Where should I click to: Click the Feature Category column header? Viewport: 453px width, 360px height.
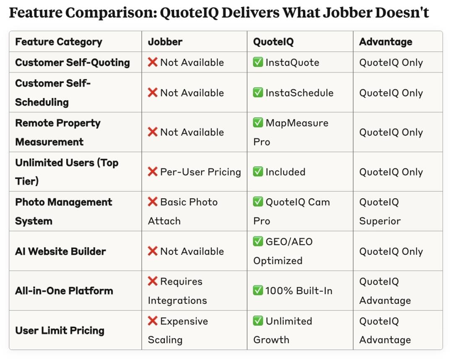click(x=59, y=42)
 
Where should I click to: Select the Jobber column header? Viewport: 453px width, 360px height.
click(x=165, y=42)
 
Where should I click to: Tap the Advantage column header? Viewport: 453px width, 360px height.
click(x=385, y=42)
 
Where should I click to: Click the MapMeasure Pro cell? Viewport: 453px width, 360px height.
click(x=291, y=132)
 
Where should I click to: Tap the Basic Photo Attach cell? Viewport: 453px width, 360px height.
click(x=182, y=211)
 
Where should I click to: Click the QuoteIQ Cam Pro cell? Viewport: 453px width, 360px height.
click(x=292, y=211)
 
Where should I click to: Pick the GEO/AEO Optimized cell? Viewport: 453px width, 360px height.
click(x=283, y=251)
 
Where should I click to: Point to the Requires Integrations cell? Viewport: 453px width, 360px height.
click(x=177, y=291)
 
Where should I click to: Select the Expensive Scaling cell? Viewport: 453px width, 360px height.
click(x=178, y=330)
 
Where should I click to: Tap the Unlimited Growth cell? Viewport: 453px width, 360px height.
click(x=283, y=330)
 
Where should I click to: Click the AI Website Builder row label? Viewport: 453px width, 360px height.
click(x=60, y=251)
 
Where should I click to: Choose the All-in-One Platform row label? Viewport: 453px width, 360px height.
click(x=64, y=291)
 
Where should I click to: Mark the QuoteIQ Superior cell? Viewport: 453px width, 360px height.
click(x=380, y=211)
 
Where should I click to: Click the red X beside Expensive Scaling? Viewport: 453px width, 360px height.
click(x=153, y=321)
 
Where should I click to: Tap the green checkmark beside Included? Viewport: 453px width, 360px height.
click(x=258, y=171)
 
